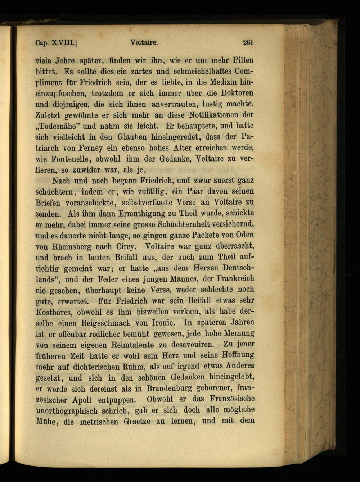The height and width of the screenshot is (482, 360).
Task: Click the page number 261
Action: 248,42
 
